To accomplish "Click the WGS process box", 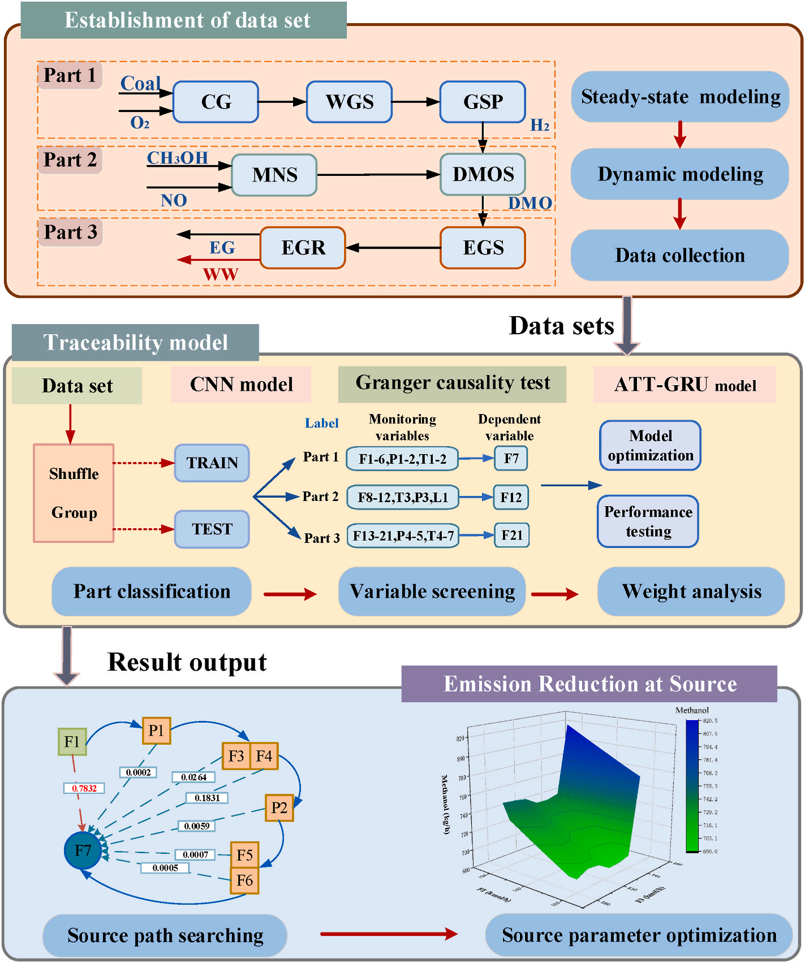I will pyautogui.click(x=349, y=102).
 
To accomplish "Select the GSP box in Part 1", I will pyautogui.click(x=483, y=102).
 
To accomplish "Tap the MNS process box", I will pyautogui.click(x=274, y=175).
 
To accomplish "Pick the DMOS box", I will pyautogui.click(x=483, y=174).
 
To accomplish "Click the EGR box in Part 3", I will pyautogui.click(x=303, y=248).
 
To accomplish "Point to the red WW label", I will pyautogui.click(x=221, y=274).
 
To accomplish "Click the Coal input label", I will pyautogui.click(x=140, y=84).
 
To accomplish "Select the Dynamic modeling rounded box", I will pyautogui.click(x=680, y=174).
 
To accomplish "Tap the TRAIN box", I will pyautogui.click(x=212, y=463).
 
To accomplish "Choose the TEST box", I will pyautogui.click(x=212, y=529).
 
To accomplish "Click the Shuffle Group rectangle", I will pyautogui.click(x=74, y=493).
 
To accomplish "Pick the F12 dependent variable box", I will pyautogui.click(x=511, y=498).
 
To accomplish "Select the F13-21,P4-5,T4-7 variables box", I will pyautogui.click(x=403, y=536).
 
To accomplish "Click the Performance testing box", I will pyautogui.click(x=648, y=521).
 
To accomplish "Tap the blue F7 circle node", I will pyautogui.click(x=83, y=850).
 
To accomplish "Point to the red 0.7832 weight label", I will pyautogui.click(x=84, y=788).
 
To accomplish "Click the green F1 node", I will pyautogui.click(x=72, y=742).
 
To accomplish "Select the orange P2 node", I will pyautogui.click(x=279, y=807).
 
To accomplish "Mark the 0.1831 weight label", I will pyautogui.click(x=207, y=798).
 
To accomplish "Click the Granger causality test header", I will pyautogui.click(x=452, y=384).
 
